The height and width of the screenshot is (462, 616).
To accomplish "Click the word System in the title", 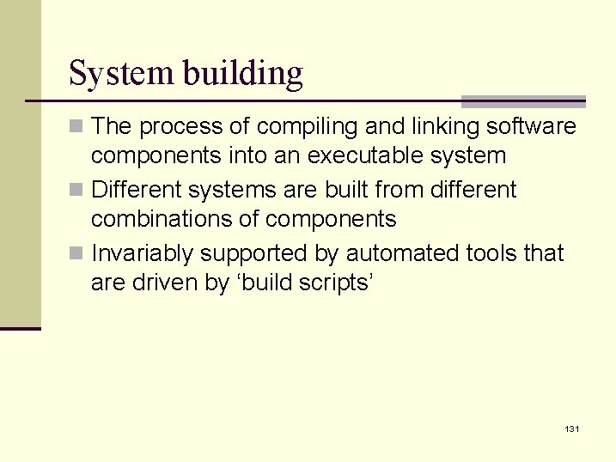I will pyautogui.click(x=121, y=74).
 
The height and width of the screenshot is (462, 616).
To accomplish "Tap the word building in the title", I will pyautogui.click(x=242, y=74).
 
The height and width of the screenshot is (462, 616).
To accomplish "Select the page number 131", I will pyautogui.click(x=571, y=428).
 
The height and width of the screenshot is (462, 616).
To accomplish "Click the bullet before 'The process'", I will pyautogui.click(x=77, y=127).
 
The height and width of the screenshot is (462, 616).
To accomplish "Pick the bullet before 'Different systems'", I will pyautogui.click(x=77, y=190).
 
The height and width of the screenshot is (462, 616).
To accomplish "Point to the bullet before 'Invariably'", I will pyautogui.click(x=77, y=253).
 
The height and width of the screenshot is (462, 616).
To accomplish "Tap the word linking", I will pyautogui.click(x=440, y=127).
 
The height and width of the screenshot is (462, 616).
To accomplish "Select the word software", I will pyautogui.click(x=532, y=127).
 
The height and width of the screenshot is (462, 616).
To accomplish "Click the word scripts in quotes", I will pyautogui.click(x=330, y=283).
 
